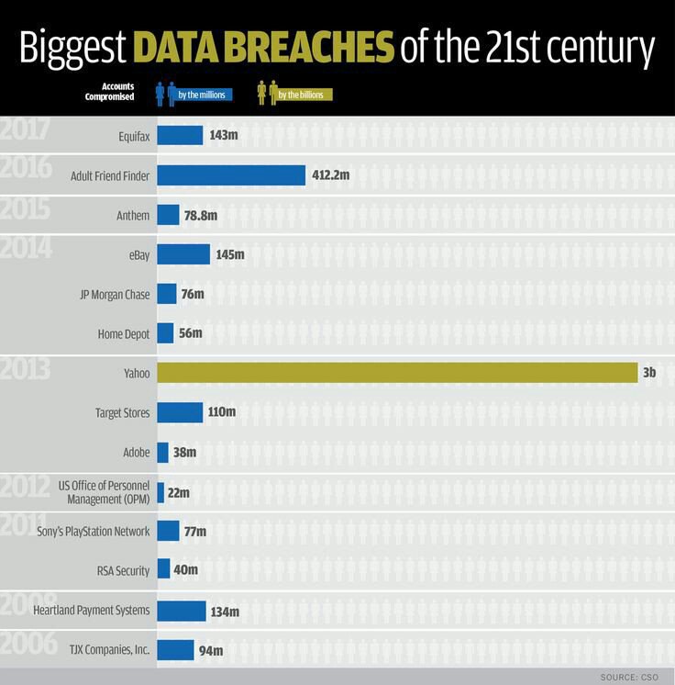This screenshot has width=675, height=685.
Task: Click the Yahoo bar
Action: click(x=397, y=372)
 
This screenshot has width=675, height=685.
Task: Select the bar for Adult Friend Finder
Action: click(x=231, y=174)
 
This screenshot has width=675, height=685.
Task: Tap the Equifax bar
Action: click(x=180, y=135)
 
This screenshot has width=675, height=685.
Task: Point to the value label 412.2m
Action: click(x=331, y=174)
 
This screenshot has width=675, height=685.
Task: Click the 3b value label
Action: click(x=649, y=372)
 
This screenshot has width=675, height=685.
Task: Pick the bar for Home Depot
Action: click(x=165, y=333)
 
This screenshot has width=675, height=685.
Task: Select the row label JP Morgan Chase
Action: click(x=115, y=294)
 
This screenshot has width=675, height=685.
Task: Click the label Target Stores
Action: click(x=122, y=412)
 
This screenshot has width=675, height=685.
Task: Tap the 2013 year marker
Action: click(x=27, y=372)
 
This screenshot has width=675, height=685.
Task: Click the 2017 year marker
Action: click(x=27, y=129)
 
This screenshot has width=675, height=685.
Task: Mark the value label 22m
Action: click(x=179, y=492)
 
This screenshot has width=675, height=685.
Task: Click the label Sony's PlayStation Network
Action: click(x=104, y=531)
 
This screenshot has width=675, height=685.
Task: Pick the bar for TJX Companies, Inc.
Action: click(x=175, y=650)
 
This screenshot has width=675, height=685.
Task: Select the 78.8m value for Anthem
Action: click(x=201, y=215)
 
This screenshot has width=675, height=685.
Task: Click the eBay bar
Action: click(x=183, y=254)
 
